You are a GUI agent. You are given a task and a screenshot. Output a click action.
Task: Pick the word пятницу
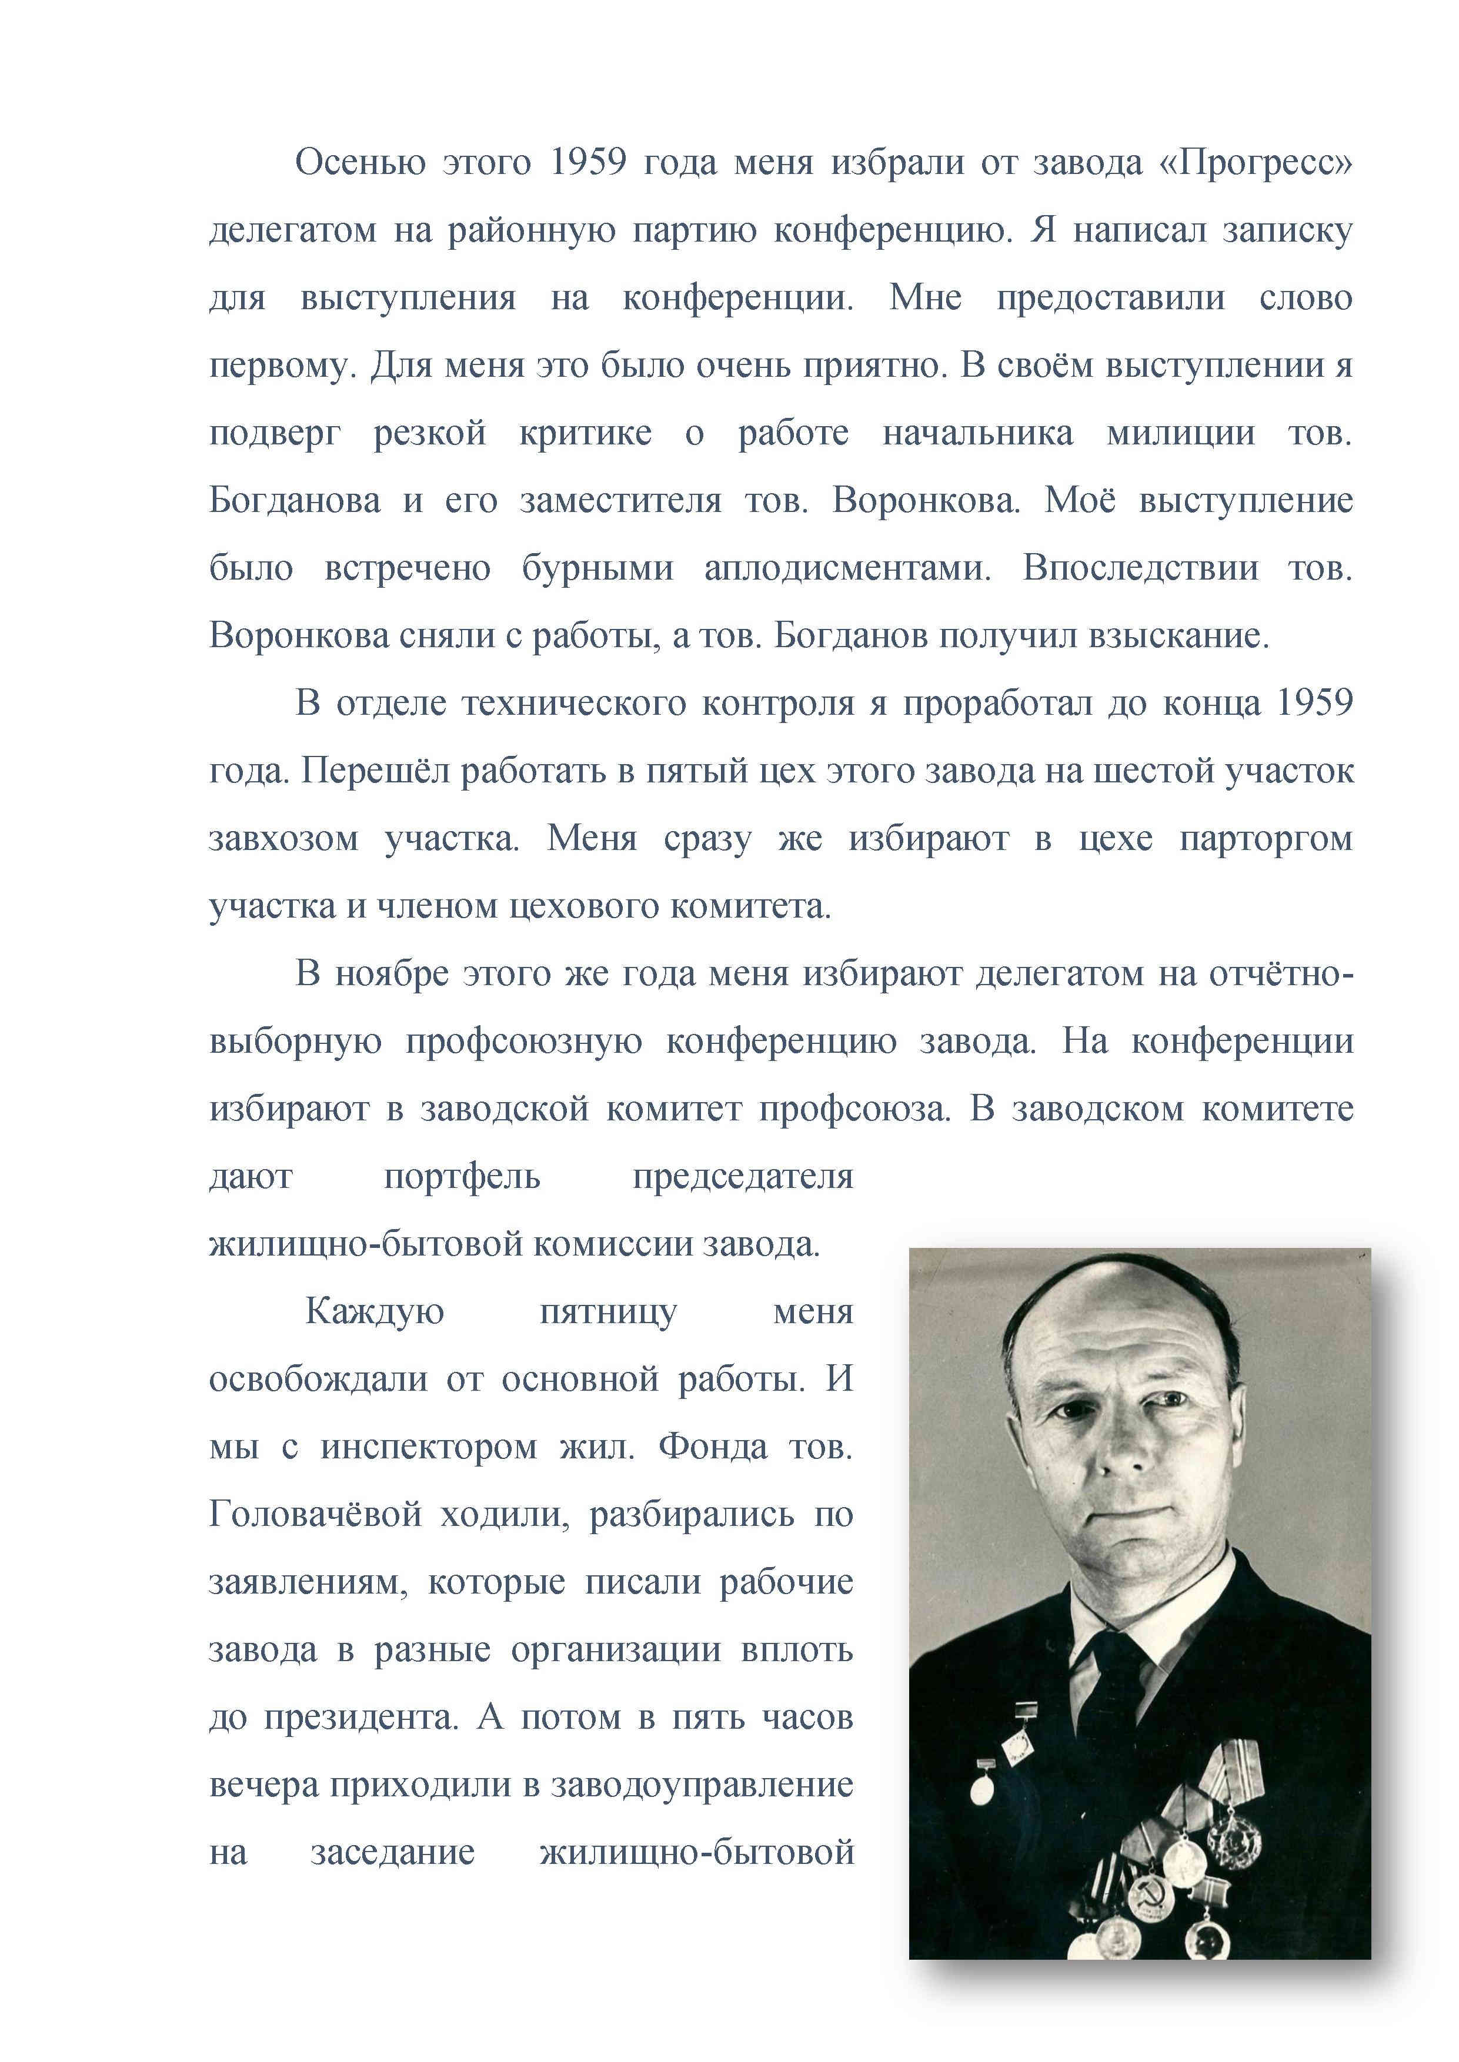[x=608, y=1312]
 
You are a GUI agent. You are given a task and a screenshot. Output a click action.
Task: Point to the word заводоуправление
[x=702, y=1785]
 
